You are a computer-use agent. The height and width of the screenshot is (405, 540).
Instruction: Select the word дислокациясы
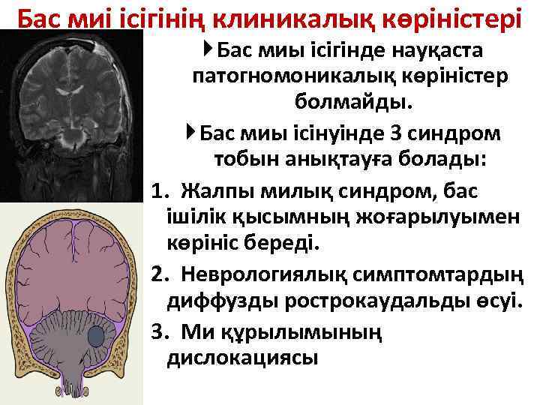tap(242, 358)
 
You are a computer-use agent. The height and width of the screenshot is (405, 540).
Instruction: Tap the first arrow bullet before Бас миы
tap(207, 50)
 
